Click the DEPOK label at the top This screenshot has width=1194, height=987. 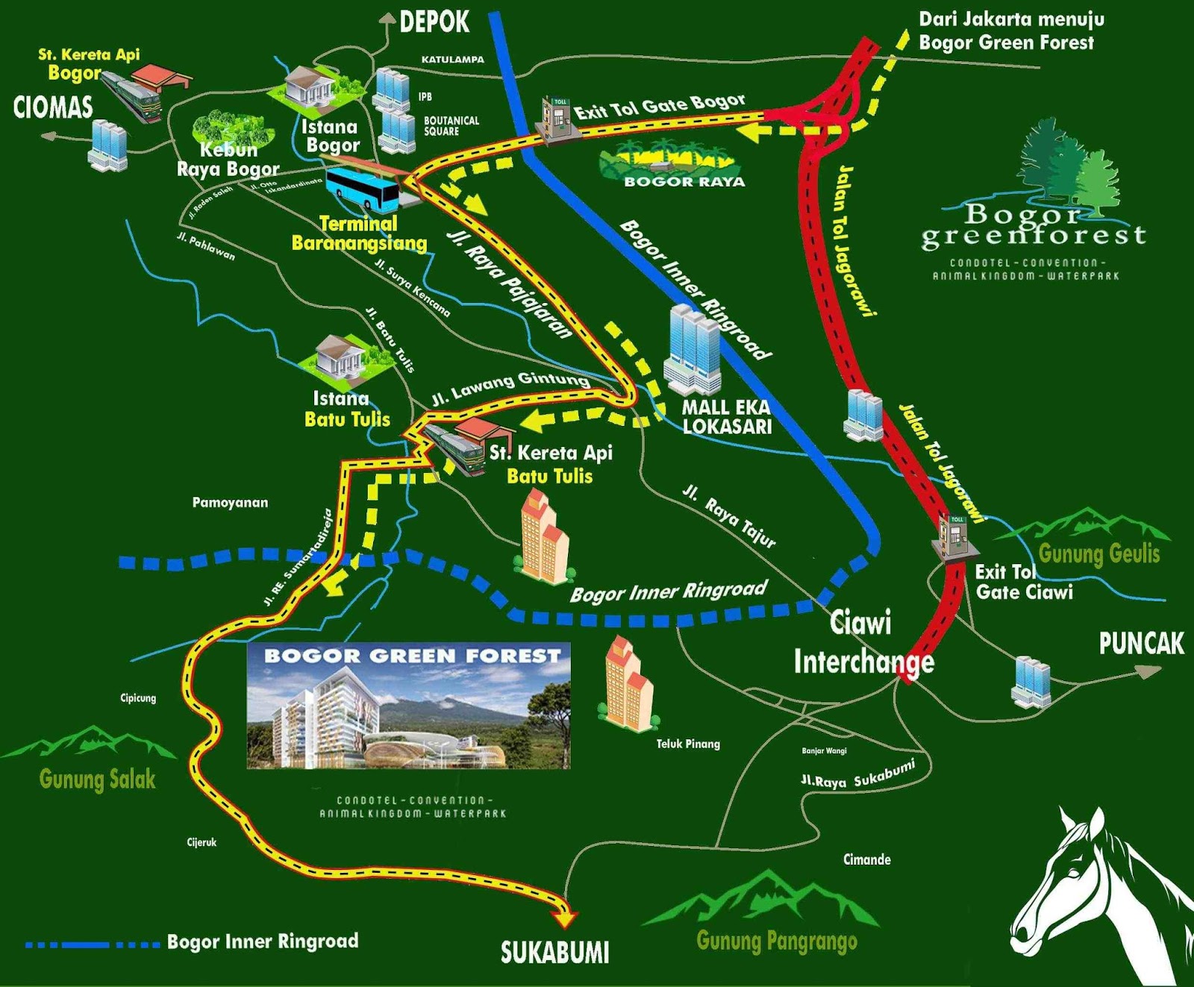point(434,22)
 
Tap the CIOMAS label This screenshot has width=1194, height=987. point(53,107)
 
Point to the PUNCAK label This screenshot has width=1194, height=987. point(1141,644)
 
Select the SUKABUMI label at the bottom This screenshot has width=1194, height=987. point(554,953)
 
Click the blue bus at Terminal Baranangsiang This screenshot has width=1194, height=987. point(363,188)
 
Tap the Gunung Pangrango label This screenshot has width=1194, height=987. point(776,941)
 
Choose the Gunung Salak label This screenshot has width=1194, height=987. point(97,780)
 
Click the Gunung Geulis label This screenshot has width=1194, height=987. point(1098,554)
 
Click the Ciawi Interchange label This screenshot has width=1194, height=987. point(863,642)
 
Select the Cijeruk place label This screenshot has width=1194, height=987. point(201,842)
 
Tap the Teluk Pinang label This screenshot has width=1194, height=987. point(688,744)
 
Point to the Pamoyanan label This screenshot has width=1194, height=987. point(230,503)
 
